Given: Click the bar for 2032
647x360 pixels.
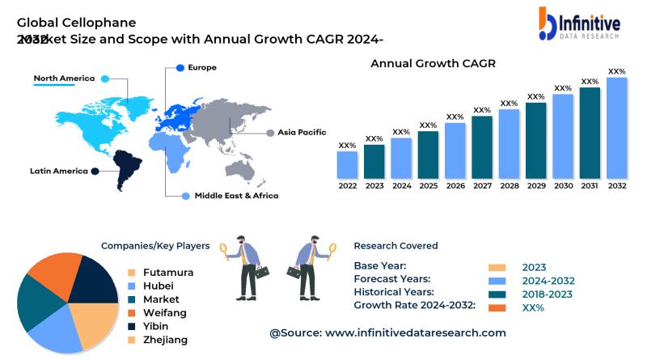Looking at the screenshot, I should click(x=617, y=128).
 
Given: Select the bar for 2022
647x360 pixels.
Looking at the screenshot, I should click(x=347, y=165).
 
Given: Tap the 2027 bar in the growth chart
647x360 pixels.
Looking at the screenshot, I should click(x=482, y=147).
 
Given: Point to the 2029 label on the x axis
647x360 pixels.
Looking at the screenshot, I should click(x=536, y=185).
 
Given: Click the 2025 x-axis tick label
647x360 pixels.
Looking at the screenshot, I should click(x=429, y=185).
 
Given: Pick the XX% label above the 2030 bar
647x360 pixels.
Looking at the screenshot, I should click(x=563, y=88).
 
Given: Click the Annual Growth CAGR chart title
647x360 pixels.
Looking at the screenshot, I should click(x=433, y=63).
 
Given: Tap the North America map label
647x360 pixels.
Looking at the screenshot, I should click(x=64, y=78).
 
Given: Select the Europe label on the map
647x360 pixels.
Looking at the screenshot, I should click(x=202, y=67).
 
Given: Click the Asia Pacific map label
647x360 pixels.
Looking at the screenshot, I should click(x=302, y=132).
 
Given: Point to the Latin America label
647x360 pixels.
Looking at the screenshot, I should click(x=58, y=171).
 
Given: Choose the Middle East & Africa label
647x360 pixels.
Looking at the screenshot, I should click(x=236, y=196).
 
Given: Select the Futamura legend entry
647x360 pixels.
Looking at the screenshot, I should click(x=168, y=273).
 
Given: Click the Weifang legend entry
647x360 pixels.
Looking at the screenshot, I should click(x=164, y=312).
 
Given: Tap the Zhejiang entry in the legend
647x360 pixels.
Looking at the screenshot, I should click(x=165, y=340).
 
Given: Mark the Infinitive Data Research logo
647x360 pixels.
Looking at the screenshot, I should click(x=579, y=25).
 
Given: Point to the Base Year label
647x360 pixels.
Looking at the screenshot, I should click(x=380, y=266).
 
